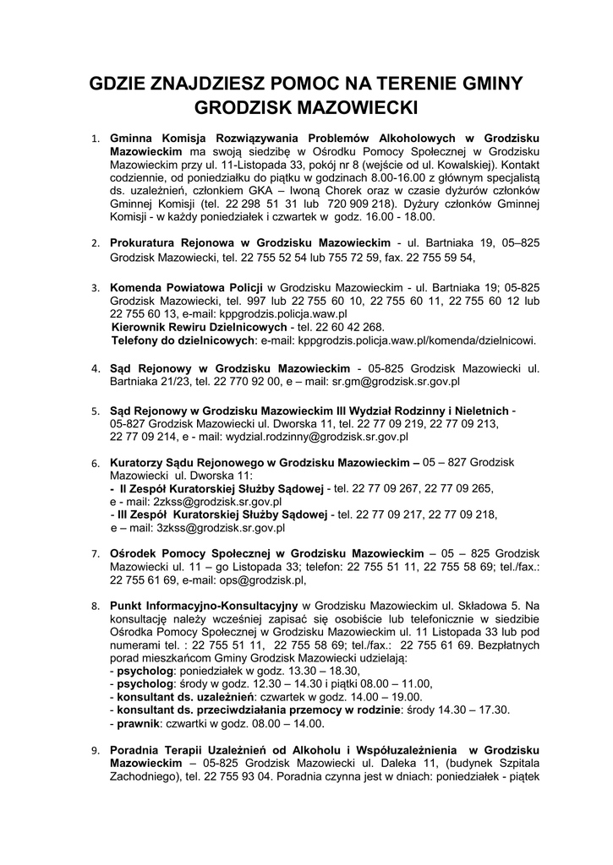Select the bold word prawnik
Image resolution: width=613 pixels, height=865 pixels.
coord(139,724)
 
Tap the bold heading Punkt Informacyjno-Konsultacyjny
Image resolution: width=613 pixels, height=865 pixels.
coord(204,607)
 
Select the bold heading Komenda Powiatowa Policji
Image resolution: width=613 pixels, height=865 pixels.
coord(187,286)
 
